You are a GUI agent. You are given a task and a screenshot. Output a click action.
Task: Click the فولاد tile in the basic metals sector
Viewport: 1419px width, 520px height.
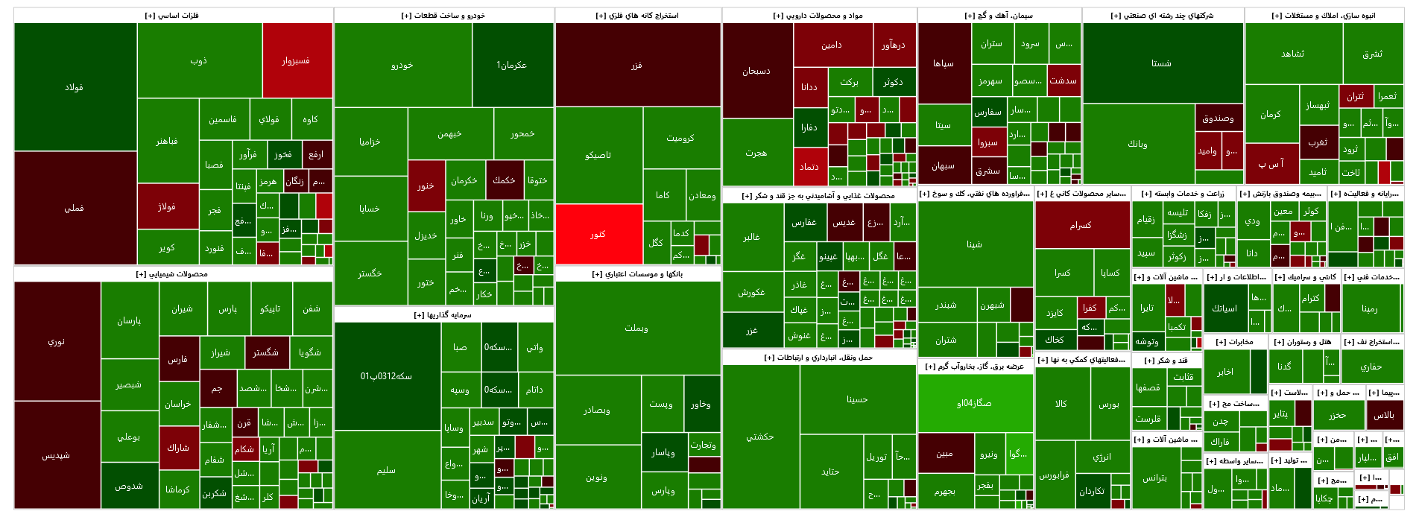click(x=75, y=87)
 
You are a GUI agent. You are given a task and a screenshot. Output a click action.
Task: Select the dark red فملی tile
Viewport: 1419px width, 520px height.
click(x=75, y=208)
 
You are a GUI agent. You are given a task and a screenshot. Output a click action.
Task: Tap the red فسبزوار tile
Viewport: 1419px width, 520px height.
click(x=297, y=60)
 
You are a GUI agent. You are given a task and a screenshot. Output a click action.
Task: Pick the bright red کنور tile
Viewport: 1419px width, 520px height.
click(x=598, y=234)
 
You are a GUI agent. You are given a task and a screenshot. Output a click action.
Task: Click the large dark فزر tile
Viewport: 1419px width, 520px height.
click(x=637, y=65)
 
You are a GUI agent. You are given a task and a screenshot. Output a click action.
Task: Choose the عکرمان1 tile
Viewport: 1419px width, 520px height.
click(x=512, y=65)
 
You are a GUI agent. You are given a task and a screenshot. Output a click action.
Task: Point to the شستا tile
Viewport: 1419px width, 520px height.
click(x=1162, y=63)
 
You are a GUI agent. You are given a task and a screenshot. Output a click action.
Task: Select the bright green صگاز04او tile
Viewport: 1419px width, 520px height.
click(x=975, y=403)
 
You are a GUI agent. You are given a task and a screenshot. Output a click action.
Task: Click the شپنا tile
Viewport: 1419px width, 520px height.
click(x=975, y=244)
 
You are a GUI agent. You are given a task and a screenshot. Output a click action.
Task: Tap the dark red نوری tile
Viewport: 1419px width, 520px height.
click(x=57, y=341)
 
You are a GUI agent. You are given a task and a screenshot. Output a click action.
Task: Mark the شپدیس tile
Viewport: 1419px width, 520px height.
click(x=57, y=454)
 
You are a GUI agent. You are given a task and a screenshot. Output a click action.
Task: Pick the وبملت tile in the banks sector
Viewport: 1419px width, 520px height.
click(x=637, y=328)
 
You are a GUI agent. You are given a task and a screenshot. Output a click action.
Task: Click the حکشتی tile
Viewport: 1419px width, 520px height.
click(x=760, y=437)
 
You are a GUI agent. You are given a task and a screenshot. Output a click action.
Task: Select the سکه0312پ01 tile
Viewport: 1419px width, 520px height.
click(x=387, y=375)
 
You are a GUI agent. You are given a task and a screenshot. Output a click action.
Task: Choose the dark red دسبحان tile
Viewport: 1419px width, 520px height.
click(x=756, y=71)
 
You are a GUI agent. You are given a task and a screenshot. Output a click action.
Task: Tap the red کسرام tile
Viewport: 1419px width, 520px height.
click(x=1081, y=224)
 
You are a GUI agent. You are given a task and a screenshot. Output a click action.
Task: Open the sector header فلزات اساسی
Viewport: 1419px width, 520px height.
click(x=172, y=16)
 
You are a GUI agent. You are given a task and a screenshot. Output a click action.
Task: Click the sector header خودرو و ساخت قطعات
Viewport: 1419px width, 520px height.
click(x=443, y=16)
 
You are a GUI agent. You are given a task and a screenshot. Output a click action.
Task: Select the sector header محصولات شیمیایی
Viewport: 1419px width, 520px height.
click(x=172, y=274)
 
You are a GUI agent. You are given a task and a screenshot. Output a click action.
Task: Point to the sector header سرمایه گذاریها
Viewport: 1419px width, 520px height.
click(x=443, y=315)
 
